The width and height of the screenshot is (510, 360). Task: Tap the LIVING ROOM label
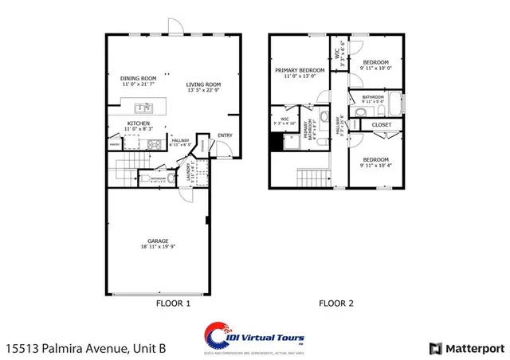205,84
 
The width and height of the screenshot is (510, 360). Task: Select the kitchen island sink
144,107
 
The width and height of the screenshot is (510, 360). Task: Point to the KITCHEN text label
139,123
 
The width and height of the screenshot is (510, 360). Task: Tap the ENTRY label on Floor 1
225,135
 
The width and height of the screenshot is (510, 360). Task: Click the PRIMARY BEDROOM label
300,71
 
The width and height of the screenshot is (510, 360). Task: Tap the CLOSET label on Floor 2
381,125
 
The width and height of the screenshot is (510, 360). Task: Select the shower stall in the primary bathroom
278,141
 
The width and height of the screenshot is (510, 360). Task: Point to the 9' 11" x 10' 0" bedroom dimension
374,68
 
